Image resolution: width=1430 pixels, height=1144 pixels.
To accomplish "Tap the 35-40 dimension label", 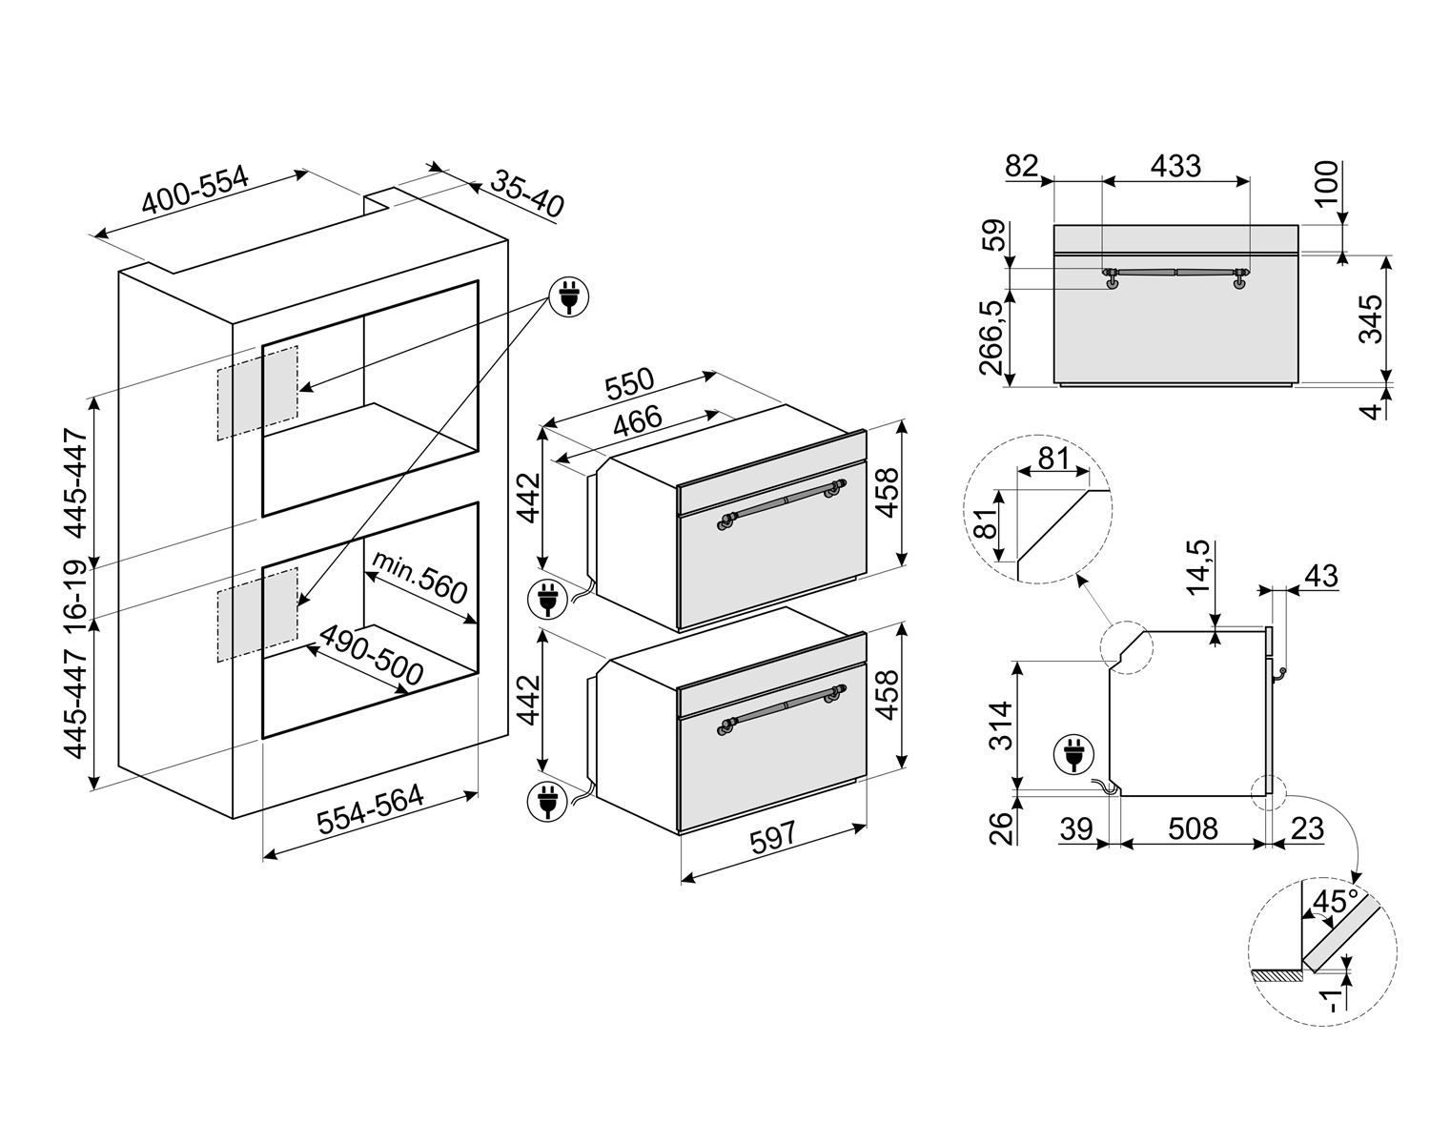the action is (x=527, y=194).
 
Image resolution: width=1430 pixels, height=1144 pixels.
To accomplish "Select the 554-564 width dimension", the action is (x=370, y=809).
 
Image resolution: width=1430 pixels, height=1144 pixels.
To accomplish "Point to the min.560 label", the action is (x=419, y=578).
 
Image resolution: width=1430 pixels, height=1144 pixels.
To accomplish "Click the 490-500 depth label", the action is (x=371, y=656).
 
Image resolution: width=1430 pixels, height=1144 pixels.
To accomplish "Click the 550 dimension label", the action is (x=629, y=385).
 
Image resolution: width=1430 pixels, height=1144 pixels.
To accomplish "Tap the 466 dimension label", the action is (x=637, y=421).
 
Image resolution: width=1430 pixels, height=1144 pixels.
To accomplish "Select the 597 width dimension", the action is (x=773, y=838).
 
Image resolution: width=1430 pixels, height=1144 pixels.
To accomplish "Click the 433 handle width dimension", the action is (x=1175, y=166).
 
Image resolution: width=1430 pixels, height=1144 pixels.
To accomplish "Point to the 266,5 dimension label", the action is (x=993, y=337).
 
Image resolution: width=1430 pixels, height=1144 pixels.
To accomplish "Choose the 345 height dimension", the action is (x=1370, y=319).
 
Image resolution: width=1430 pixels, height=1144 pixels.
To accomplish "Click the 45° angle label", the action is (x=1336, y=902).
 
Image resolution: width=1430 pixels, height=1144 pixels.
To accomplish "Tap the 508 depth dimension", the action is (x=1193, y=828).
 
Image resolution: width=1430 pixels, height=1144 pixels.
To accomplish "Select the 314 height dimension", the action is (x=1000, y=725).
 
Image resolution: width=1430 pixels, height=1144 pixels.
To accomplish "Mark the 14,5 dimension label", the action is (x=1199, y=567).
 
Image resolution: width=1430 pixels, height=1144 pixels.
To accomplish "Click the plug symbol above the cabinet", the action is (x=569, y=297).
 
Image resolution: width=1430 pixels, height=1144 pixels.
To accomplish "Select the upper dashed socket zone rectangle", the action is (x=257, y=392).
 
